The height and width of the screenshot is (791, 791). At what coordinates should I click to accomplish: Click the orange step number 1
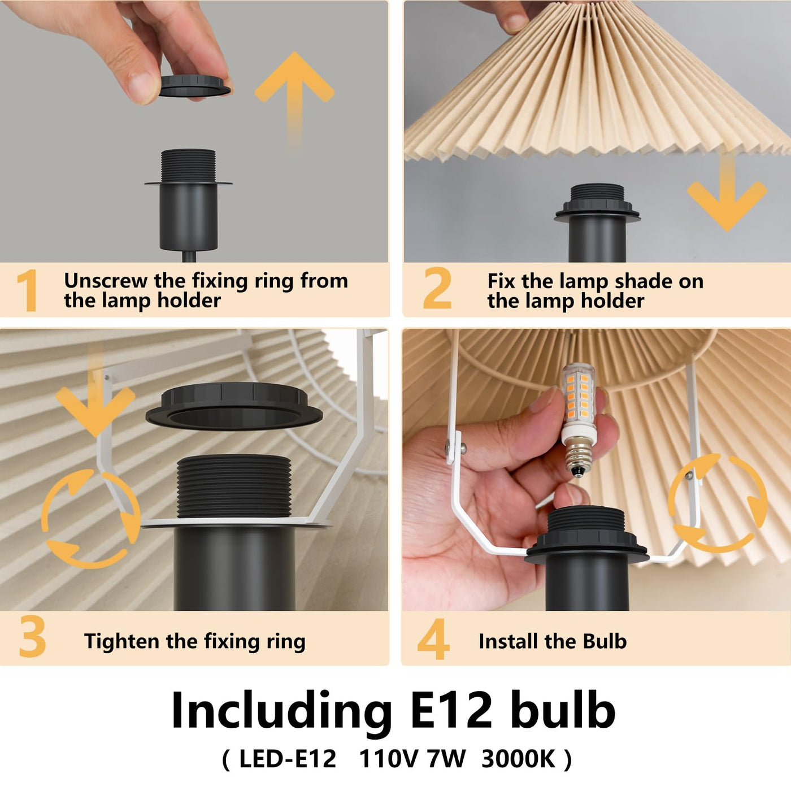click(28, 290)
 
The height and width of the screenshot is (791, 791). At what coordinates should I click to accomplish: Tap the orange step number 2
click(437, 288)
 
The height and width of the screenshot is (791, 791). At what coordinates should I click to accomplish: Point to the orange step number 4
click(433, 638)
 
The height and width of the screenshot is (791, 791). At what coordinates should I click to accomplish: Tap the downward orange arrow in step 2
click(727, 193)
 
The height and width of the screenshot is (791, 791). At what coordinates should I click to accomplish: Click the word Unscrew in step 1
click(106, 281)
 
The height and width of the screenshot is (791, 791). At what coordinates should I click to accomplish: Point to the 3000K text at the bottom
click(519, 759)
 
